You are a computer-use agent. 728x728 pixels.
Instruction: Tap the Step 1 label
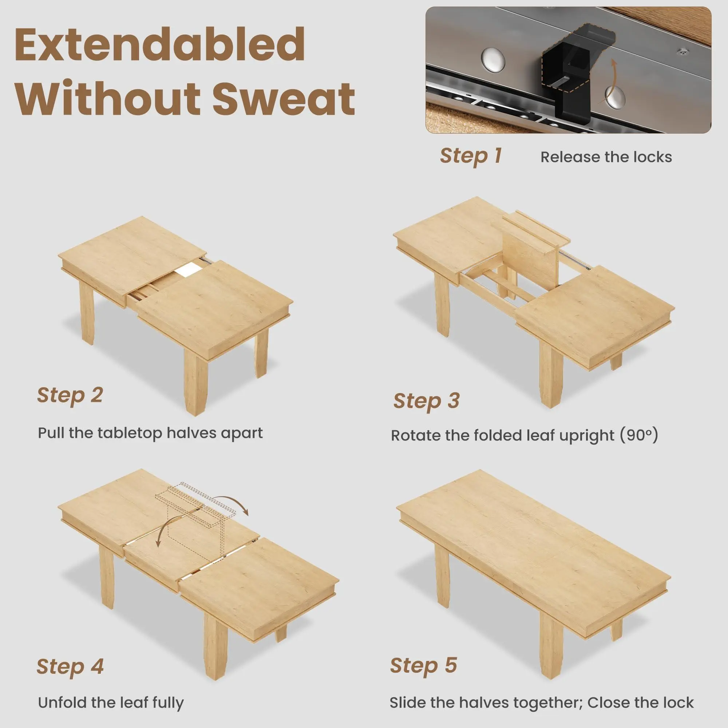tap(471, 156)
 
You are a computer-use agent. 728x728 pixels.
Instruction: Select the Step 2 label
tap(70, 396)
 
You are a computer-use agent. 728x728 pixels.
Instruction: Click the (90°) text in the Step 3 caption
tap(639, 435)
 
